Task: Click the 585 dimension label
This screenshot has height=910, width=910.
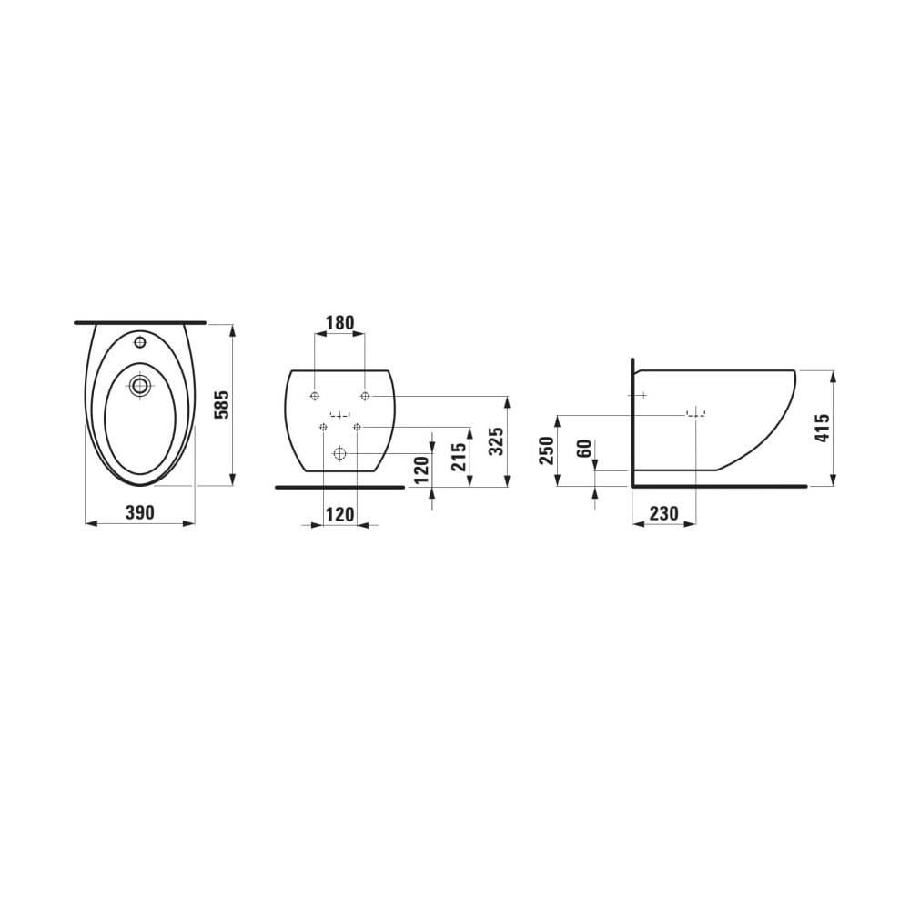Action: coord(220,404)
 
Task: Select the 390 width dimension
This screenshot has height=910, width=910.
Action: coord(139,513)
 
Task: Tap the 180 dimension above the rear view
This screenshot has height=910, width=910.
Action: coord(339,323)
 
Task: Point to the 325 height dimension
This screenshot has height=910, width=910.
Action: coord(494,440)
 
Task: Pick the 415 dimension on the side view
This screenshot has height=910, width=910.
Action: coord(823,428)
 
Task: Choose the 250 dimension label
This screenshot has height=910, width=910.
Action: coord(546,450)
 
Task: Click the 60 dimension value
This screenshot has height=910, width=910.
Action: coord(584,448)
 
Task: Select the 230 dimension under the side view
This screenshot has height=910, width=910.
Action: coord(663,514)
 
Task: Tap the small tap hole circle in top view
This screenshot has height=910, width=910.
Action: coord(139,343)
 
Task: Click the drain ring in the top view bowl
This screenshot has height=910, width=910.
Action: coord(139,385)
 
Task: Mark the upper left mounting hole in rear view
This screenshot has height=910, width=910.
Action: coord(314,396)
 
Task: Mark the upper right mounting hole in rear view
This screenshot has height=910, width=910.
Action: coord(365,396)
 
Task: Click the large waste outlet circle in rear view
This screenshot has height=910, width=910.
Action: coord(340,452)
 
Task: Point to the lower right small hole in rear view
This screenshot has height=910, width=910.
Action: coord(357,427)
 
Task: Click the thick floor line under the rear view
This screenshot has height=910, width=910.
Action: coord(339,487)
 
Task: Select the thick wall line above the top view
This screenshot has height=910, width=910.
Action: coord(139,322)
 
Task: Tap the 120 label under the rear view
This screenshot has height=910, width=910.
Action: coord(339,514)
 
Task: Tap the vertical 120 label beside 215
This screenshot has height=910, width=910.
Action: coord(422,470)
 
